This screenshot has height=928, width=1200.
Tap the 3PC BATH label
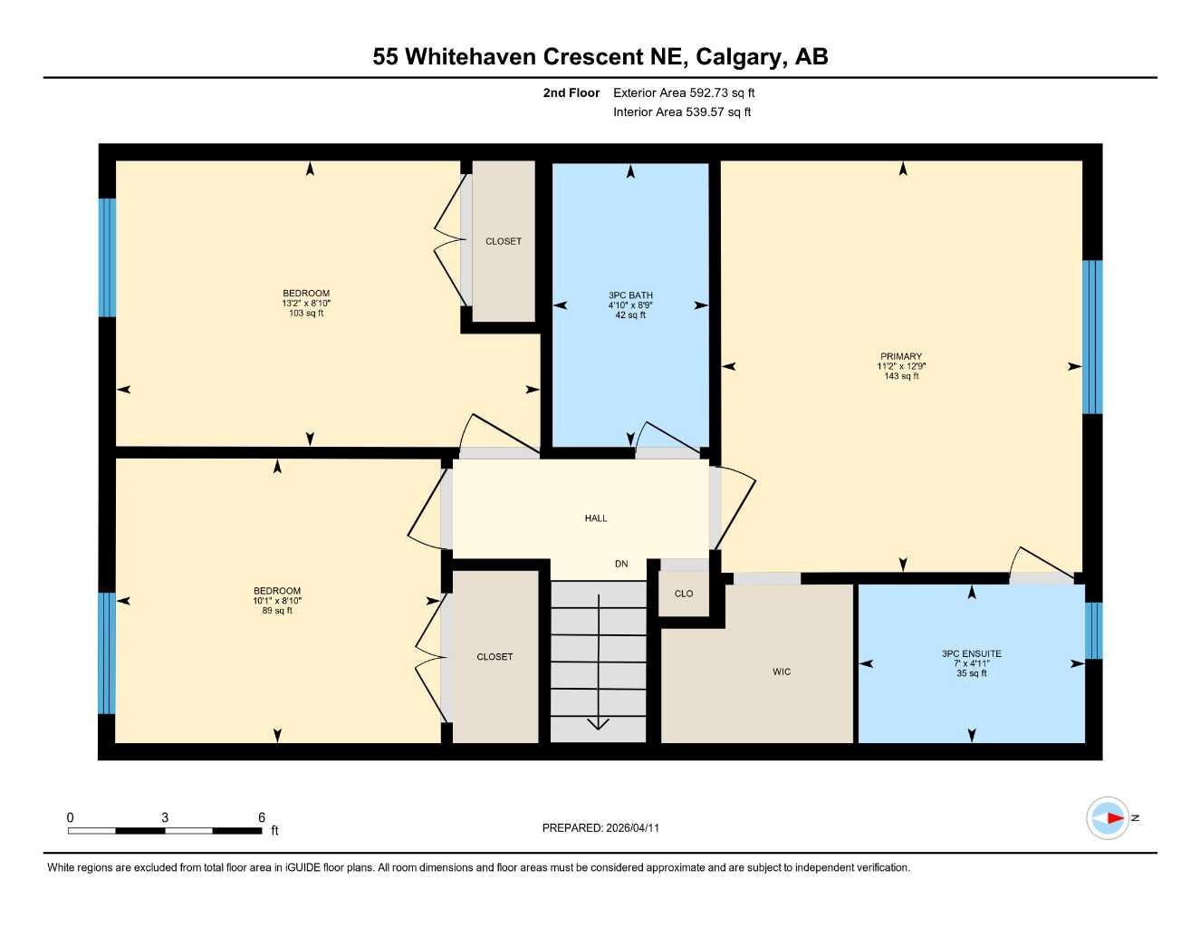tap(630, 295)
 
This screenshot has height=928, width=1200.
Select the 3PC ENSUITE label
tap(971, 653)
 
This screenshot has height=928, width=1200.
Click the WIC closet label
tap(782, 672)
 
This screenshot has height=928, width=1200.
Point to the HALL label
tap(596, 518)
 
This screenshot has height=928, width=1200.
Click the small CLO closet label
tap(684, 594)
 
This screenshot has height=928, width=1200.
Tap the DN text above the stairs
tap(621, 564)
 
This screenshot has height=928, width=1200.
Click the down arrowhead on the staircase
tap(599, 723)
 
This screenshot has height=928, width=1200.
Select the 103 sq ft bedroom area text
tap(306, 314)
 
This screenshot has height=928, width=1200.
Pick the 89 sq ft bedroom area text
tap(277, 611)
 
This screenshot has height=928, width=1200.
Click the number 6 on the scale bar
tap(262, 817)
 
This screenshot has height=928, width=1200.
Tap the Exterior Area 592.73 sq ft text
tap(684, 92)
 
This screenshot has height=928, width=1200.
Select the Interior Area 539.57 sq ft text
tap(682, 112)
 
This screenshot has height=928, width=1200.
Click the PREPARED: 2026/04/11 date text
tap(600, 827)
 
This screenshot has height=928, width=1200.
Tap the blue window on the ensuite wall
tap(1093, 631)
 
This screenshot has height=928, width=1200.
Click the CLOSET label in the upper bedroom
tap(504, 241)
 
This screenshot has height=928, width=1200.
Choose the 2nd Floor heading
tap(571, 92)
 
